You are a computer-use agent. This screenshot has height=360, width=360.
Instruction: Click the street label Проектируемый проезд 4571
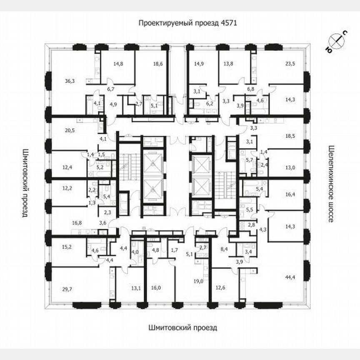coord(188,23)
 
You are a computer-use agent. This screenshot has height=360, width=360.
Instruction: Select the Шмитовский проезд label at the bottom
coord(182,327)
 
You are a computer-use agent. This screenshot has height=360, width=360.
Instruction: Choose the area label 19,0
coord(198,281)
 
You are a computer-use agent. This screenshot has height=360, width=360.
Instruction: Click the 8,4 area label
coord(224,250)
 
